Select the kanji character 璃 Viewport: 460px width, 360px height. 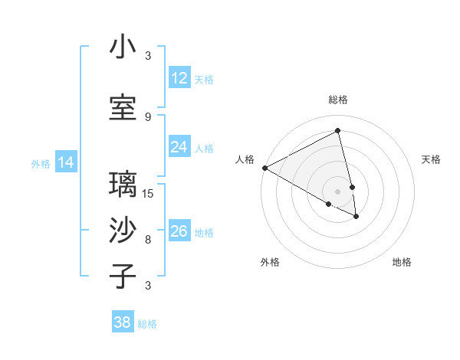[x=123, y=185]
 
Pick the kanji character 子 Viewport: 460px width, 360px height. [x=123, y=277]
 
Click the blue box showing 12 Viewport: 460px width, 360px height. [x=179, y=78]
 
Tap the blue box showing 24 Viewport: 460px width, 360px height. [x=179, y=147]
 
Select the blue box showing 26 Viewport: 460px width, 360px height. [x=179, y=231]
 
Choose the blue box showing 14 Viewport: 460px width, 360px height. [x=66, y=162]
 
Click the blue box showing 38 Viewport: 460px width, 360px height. [x=123, y=322]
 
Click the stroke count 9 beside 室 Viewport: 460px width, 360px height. [x=148, y=116]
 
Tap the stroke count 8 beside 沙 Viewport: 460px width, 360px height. [x=148, y=239]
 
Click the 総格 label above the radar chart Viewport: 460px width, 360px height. [x=338, y=100]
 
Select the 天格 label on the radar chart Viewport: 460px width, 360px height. [x=432, y=159]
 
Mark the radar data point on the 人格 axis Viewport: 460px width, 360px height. [x=264, y=168]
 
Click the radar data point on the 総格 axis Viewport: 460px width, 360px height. [x=338, y=131]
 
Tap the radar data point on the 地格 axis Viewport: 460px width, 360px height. [x=356, y=217]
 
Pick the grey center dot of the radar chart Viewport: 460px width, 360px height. [x=338, y=191]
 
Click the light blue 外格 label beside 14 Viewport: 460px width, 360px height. [x=41, y=163]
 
